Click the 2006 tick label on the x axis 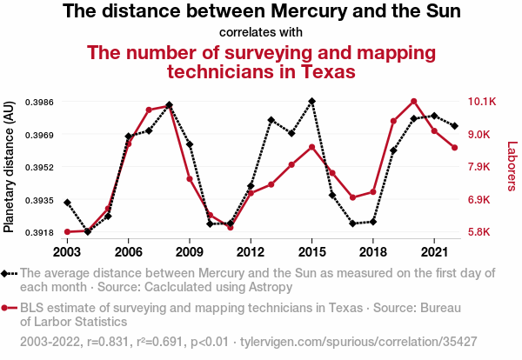(128, 252)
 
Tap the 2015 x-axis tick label (311, 252)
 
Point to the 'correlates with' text (261, 32)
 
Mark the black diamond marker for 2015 (311, 102)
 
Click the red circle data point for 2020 (414, 102)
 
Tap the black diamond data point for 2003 (67, 203)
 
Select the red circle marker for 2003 (67, 232)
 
